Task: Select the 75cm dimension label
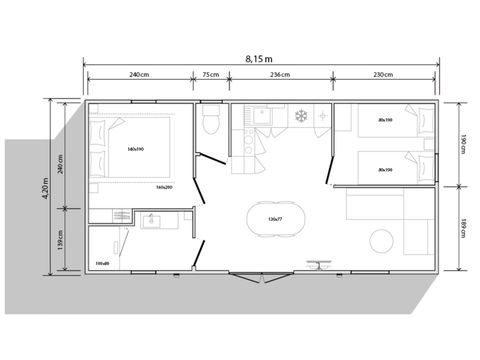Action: pyautogui.click(x=210, y=76)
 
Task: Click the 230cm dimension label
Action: pyautogui.click(x=384, y=76)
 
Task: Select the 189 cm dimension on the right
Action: pyautogui.click(x=462, y=231)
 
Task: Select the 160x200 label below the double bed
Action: pyautogui.click(x=165, y=187)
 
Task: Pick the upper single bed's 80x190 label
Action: pyautogui.click(x=385, y=120)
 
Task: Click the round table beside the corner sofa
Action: pyautogui.click(x=379, y=241)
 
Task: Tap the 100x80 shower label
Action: pyautogui.click(x=101, y=263)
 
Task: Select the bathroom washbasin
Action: pyautogui.click(x=155, y=222)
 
